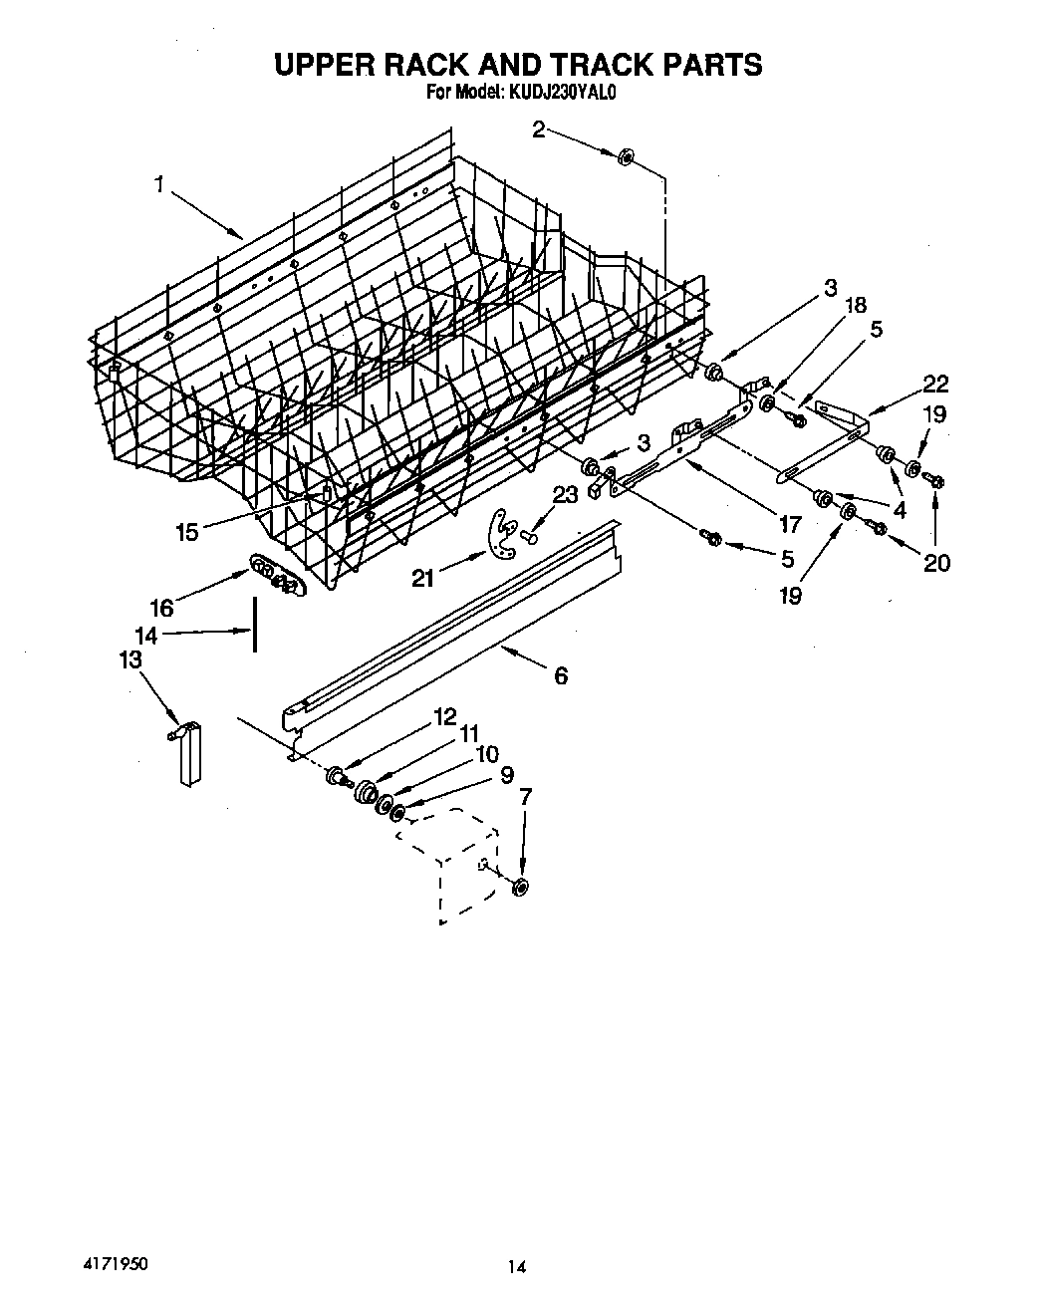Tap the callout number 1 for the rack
[x=158, y=184]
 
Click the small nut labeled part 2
[x=627, y=156]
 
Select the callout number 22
[x=935, y=384]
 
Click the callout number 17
[x=789, y=524]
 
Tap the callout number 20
[x=936, y=563]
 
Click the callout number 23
[x=564, y=494]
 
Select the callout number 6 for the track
[x=560, y=676]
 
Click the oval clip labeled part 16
[x=274, y=576]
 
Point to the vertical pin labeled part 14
[x=254, y=625]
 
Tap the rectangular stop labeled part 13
[x=189, y=754]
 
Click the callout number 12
[x=443, y=715]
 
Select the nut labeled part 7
[x=520, y=886]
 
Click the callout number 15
[x=186, y=532]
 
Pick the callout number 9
[x=506, y=774]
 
